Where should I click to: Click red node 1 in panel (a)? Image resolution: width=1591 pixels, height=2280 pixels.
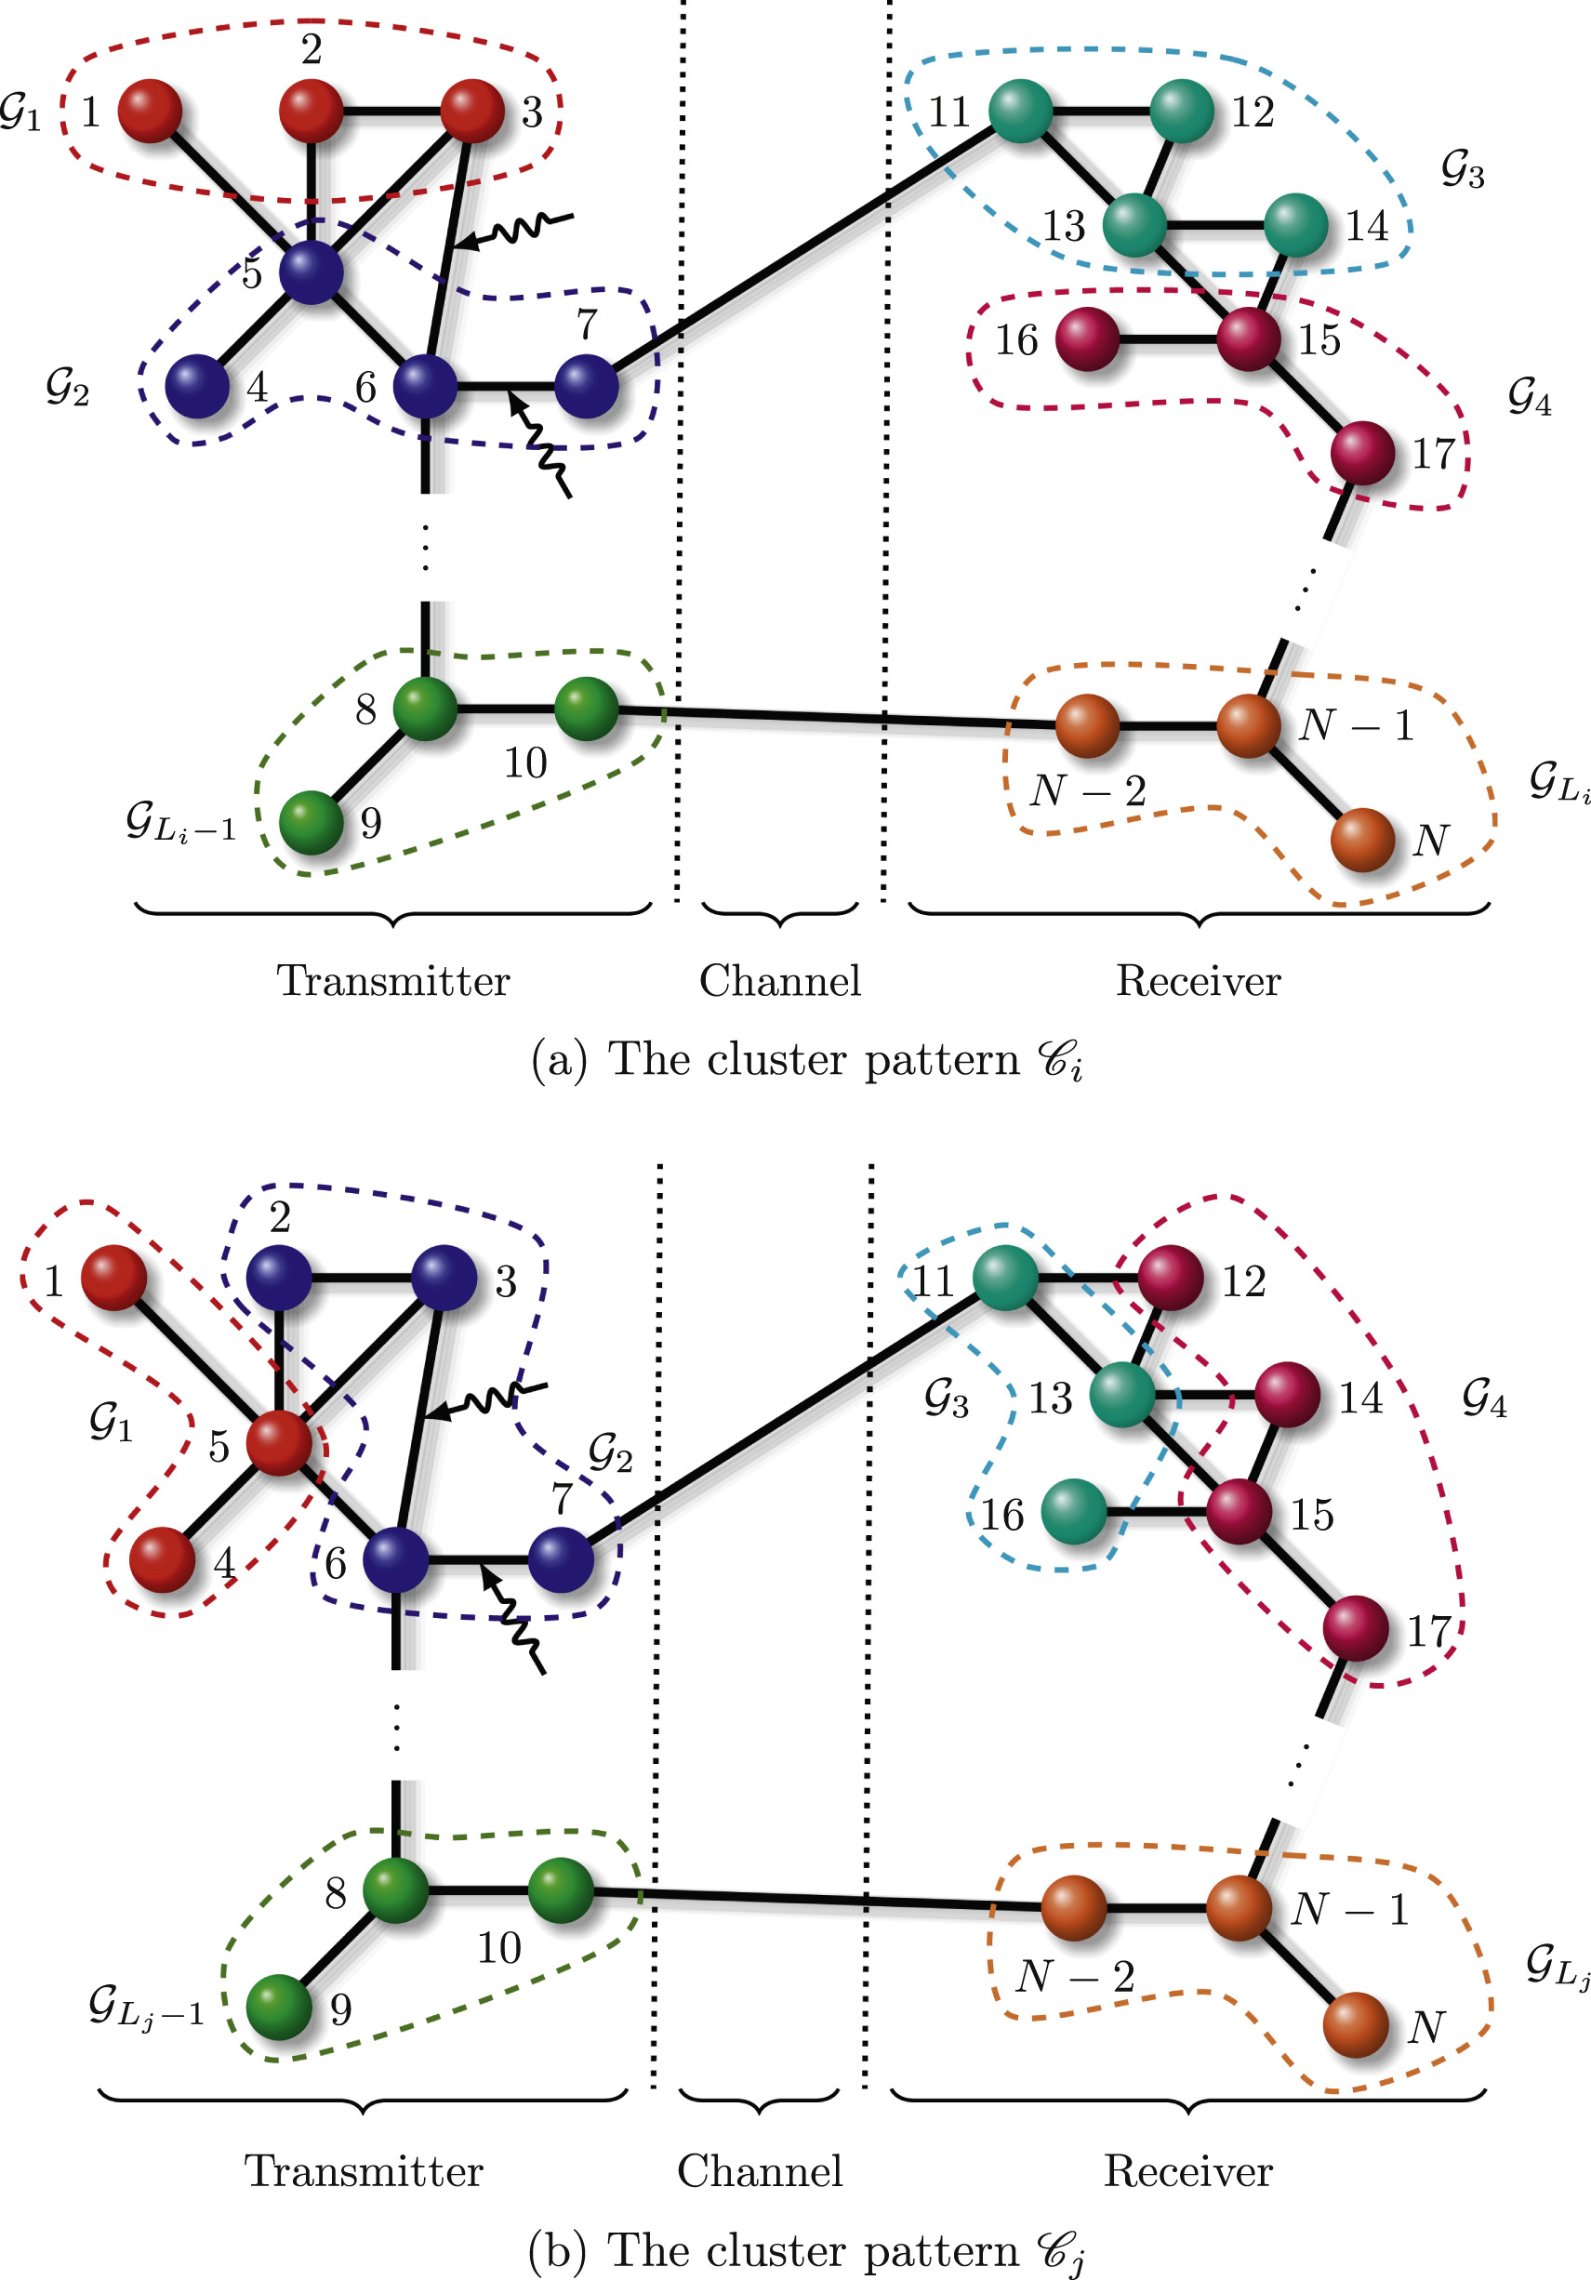[x=150, y=111]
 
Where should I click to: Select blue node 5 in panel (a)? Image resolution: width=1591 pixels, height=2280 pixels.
[x=311, y=272]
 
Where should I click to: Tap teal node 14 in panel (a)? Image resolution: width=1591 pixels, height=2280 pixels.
[x=1295, y=225]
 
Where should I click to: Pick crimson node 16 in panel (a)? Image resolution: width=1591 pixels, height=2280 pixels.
[x=1088, y=339]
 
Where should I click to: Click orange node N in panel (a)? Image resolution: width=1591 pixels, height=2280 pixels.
[x=1362, y=839]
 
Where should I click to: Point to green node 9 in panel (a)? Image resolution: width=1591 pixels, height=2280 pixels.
[x=311, y=822]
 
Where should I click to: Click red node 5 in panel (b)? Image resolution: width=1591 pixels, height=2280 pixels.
[x=279, y=1443]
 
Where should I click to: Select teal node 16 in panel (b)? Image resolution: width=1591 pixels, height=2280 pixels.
[x=1074, y=1511]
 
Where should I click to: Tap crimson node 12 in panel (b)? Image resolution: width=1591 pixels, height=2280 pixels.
[x=1170, y=1278]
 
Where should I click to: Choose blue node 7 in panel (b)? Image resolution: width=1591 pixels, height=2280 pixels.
[x=561, y=1560]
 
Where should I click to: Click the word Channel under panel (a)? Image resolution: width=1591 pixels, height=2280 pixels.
[x=779, y=981]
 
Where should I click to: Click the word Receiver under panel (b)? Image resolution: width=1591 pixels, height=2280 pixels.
[x=1187, y=2171]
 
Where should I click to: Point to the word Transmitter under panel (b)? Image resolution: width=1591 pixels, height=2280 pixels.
[x=364, y=2171]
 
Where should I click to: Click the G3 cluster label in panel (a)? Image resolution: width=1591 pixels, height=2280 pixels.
[x=1462, y=170]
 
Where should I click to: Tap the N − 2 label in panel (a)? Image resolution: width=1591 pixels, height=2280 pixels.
[x=1089, y=791]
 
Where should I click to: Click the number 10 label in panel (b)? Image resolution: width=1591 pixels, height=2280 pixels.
[x=498, y=1947]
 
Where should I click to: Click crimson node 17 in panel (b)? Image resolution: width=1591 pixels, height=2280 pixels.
[x=1355, y=1628]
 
